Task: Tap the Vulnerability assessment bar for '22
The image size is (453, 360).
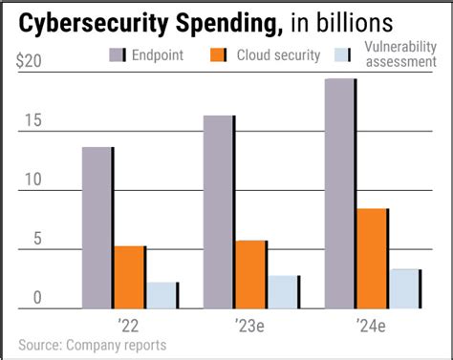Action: (162, 295)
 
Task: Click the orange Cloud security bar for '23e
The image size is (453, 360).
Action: (250, 274)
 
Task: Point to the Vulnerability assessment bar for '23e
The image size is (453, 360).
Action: (283, 291)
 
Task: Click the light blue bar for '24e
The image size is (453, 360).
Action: (404, 288)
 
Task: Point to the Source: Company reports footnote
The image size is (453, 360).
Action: (92, 345)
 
